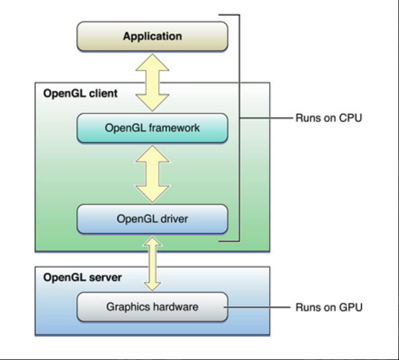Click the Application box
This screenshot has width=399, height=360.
tap(152, 37)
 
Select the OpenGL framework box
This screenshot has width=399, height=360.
tap(152, 128)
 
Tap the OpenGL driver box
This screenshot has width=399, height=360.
tap(152, 219)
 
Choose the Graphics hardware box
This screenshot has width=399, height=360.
tap(152, 307)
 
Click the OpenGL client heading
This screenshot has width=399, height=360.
tap(80, 94)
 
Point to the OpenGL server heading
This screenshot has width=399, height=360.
tap(83, 277)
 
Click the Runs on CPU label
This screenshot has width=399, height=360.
tap(329, 118)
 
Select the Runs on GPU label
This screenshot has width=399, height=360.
tap(329, 307)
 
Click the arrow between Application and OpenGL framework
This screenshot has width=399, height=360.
tap(152, 83)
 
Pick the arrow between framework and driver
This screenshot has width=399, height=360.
tap(152, 174)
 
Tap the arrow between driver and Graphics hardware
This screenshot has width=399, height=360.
tap(152, 264)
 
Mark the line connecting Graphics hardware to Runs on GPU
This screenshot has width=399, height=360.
tap(257, 307)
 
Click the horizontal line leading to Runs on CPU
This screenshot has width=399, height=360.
tap(266, 118)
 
